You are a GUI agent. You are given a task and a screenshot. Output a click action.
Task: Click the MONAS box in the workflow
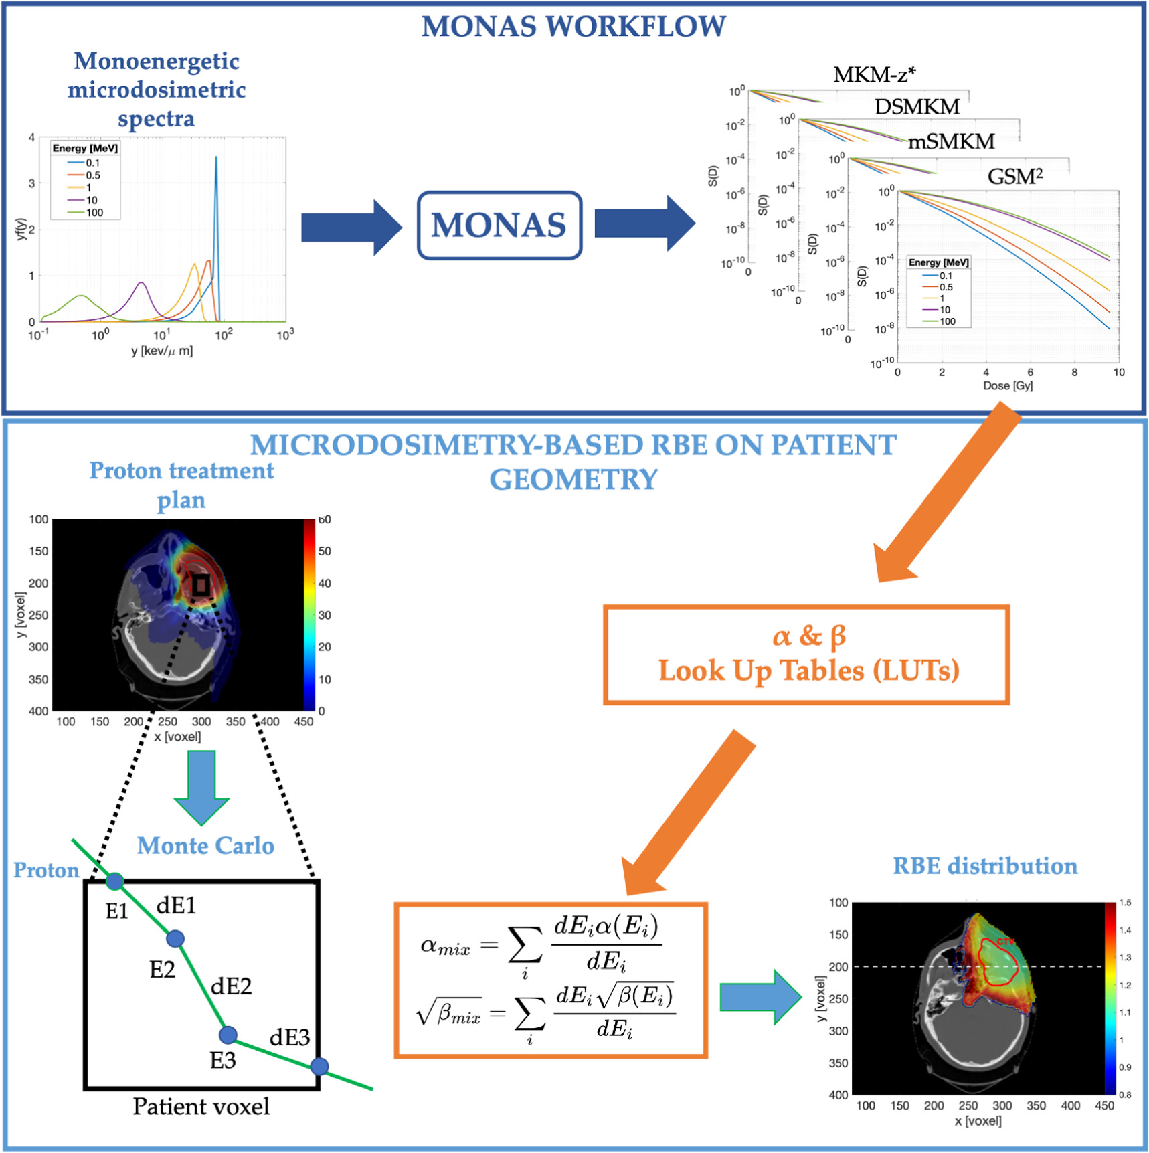click(499, 226)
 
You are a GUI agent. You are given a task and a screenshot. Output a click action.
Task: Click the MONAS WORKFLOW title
click(573, 27)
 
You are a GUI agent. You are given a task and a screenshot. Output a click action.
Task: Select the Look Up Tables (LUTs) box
click(806, 655)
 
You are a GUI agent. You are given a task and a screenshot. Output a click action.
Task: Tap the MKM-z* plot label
click(874, 74)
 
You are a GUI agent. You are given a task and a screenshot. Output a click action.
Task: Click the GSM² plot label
click(1015, 177)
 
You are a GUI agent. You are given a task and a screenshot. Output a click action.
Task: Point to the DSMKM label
click(917, 106)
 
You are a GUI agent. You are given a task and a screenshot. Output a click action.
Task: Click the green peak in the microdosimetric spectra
click(81, 296)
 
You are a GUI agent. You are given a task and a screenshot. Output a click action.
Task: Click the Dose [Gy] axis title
click(1007, 385)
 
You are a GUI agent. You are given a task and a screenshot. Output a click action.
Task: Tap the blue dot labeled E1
click(115, 881)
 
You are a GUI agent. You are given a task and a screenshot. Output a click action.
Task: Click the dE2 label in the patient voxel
click(231, 986)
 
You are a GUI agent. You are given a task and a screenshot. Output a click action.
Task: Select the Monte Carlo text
click(205, 846)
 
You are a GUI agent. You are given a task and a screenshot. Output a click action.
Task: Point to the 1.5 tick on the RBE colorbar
click(1125, 903)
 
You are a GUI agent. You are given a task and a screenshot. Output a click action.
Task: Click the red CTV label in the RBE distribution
click(1005, 942)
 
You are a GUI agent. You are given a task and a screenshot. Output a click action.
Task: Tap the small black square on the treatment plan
click(200, 586)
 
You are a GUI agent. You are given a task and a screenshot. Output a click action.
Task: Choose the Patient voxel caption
click(201, 1106)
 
